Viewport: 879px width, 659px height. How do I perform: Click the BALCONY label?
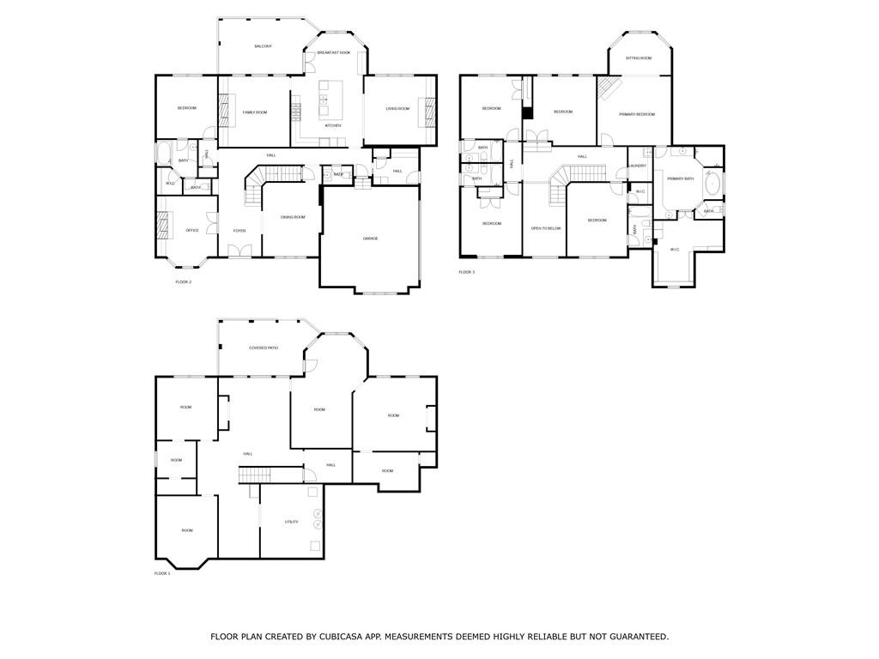click(x=263, y=45)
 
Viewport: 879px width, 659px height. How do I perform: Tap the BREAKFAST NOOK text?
click(x=333, y=52)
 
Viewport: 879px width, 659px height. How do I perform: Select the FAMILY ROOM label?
click(x=254, y=112)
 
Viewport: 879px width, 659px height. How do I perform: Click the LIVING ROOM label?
click(x=397, y=108)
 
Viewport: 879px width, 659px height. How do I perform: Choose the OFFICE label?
click(x=192, y=230)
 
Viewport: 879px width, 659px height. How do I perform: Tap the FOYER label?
click(x=239, y=230)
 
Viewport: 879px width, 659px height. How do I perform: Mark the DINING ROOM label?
click(x=293, y=217)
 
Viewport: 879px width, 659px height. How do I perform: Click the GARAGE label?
click(x=370, y=238)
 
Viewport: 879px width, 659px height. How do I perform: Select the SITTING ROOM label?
click(x=638, y=57)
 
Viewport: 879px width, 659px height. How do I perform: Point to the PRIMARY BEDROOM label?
click(x=637, y=114)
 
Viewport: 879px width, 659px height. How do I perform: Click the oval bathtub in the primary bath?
click(x=712, y=184)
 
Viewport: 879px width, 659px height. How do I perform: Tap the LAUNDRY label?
click(x=637, y=166)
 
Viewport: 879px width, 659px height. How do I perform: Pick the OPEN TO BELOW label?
click(x=546, y=228)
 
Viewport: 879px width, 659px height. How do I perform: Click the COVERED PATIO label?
click(x=264, y=348)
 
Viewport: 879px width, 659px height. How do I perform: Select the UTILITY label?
click(x=292, y=521)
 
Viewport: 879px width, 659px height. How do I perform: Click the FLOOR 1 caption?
click(x=162, y=573)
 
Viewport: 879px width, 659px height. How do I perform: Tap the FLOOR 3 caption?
click(x=466, y=272)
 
